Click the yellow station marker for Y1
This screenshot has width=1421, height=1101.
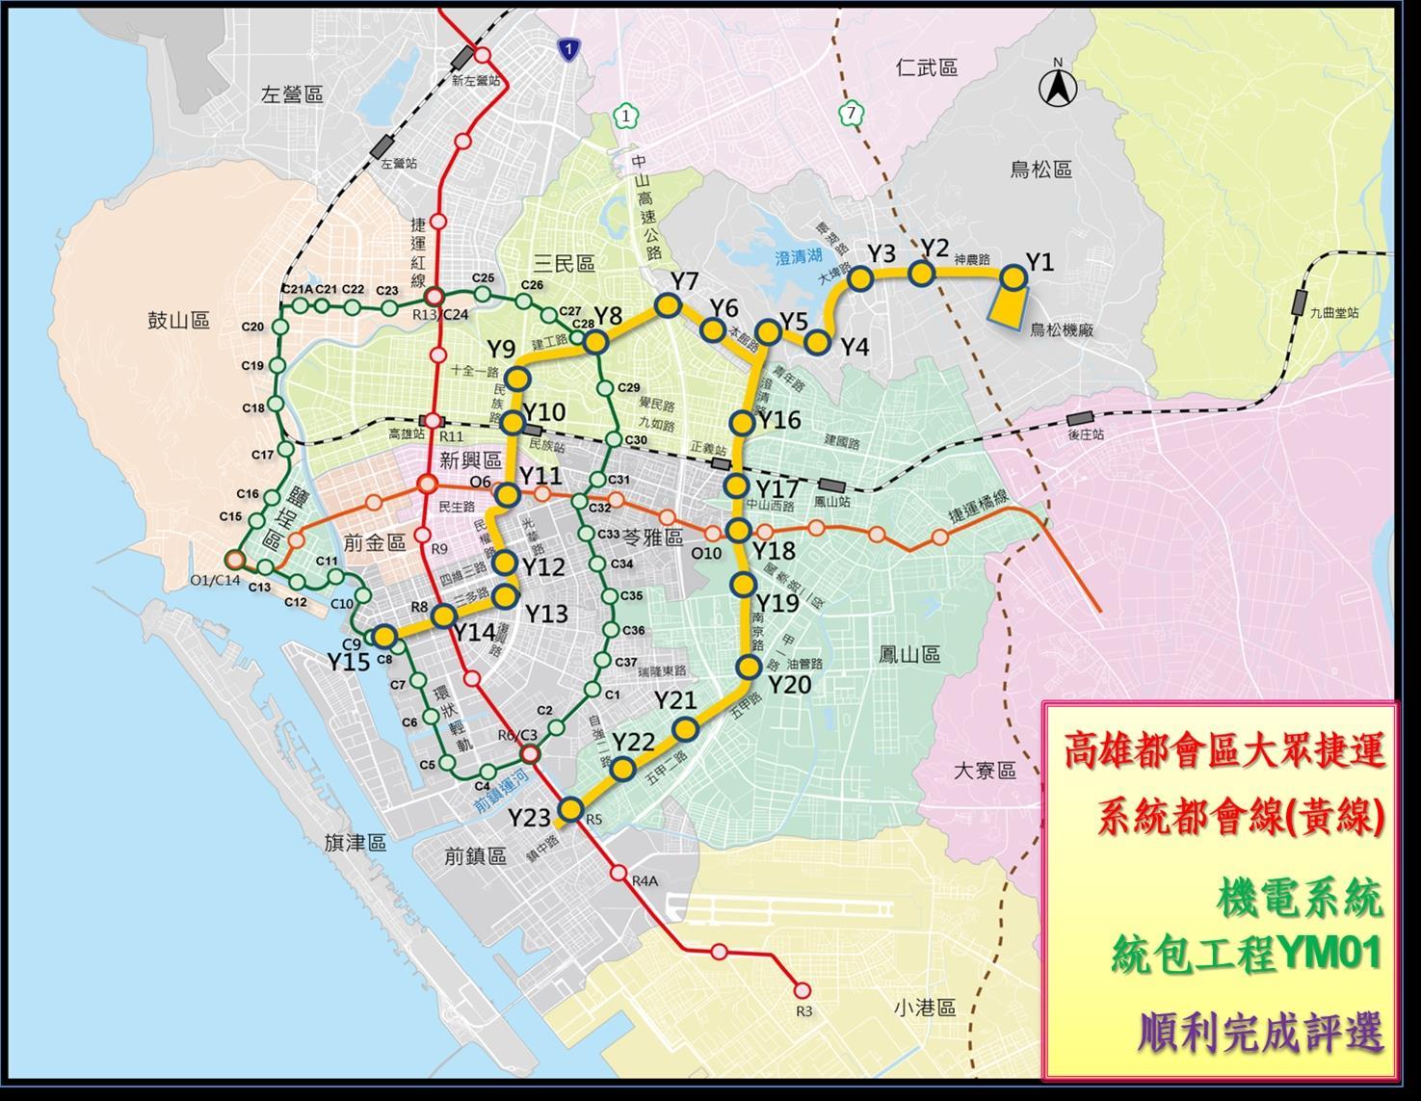[1013, 277]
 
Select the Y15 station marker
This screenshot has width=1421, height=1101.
[384, 636]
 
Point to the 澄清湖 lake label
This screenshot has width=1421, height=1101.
[799, 257]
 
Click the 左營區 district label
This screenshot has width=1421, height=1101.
[292, 94]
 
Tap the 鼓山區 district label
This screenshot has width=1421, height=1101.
[178, 320]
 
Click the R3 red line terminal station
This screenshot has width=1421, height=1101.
[802, 989]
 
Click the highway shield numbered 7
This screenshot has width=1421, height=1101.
[850, 114]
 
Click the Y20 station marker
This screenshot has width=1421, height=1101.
[750, 667]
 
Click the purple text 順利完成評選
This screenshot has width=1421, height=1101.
[1260, 1032]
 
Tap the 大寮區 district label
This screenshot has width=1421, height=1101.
[985, 771]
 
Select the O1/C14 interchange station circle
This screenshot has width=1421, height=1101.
[233, 560]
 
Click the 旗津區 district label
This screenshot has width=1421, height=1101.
[355, 843]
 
